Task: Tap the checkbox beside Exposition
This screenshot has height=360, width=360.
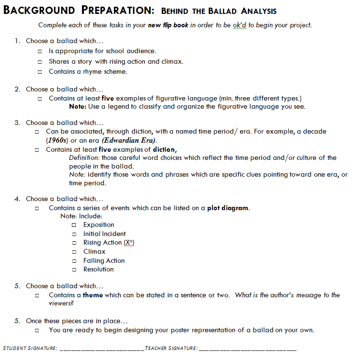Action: [x=74, y=225]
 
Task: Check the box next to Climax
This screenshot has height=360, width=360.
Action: [x=74, y=252]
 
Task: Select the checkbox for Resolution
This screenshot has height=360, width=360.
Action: [x=74, y=270]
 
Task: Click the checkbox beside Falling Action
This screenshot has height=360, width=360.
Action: [x=74, y=261]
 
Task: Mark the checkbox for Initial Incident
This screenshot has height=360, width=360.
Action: [x=74, y=234]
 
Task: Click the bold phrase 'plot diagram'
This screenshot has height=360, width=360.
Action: [x=228, y=208]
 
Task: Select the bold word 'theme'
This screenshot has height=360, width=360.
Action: [x=93, y=295]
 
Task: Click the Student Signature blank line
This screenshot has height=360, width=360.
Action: [x=101, y=349]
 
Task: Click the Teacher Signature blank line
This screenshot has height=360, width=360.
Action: [x=248, y=349]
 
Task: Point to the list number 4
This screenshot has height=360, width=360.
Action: [x=17, y=199]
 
